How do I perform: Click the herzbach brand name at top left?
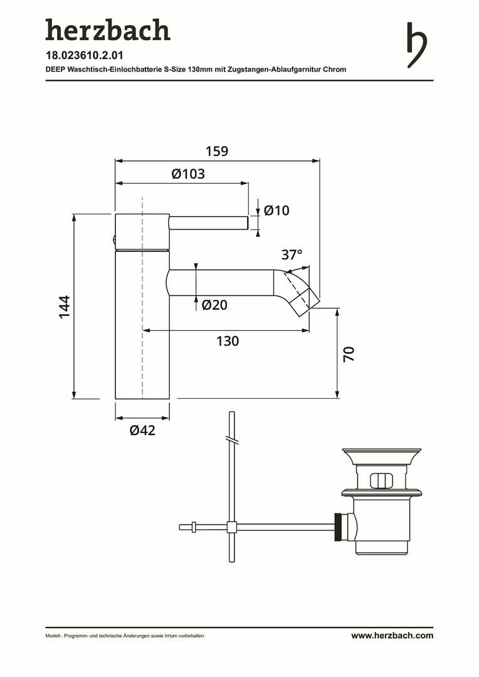click(108, 30)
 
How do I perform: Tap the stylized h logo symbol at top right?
click(416, 45)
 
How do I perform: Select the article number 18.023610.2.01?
click(85, 55)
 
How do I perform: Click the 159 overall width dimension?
click(217, 151)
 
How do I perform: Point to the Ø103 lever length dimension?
click(188, 174)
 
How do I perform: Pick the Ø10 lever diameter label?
click(276, 210)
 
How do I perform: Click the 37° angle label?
click(292, 255)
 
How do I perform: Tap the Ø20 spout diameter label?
click(214, 305)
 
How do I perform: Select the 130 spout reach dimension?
click(228, 341)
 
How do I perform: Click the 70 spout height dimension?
click(349, 354)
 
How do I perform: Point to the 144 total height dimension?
click(65, 307)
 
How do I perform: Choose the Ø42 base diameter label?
click(142, 430)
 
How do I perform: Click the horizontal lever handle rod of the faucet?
click(209, 223)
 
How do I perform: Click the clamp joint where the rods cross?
click(232, 527)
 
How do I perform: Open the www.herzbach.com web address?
click(392, 636)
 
